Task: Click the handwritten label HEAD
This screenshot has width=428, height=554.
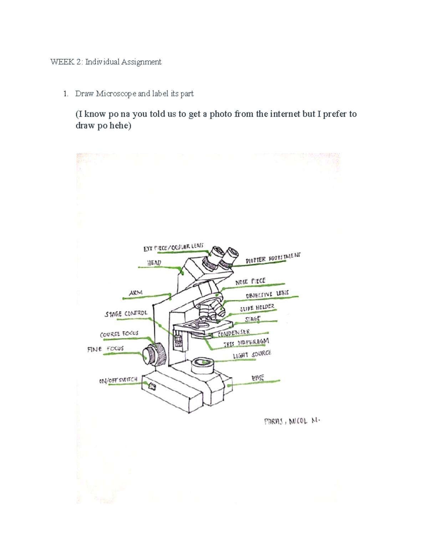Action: coord(154,263)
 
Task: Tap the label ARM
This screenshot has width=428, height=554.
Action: coord(136,293)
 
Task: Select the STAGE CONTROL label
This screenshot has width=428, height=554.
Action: coord(126,314)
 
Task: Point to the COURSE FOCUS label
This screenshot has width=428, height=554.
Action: coord(119,334)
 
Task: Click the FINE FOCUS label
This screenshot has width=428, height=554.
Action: coord(106,349)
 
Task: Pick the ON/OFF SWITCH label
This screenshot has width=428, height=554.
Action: coord(118,380)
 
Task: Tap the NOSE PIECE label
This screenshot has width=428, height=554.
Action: coord(250,281)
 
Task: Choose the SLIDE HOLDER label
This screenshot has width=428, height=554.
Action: coord(257,308)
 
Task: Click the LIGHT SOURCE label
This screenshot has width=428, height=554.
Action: coord(252,355)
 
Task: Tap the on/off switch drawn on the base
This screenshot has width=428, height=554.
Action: coord(152,386)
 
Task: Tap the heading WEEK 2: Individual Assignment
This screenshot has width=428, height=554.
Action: coord(106,62)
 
